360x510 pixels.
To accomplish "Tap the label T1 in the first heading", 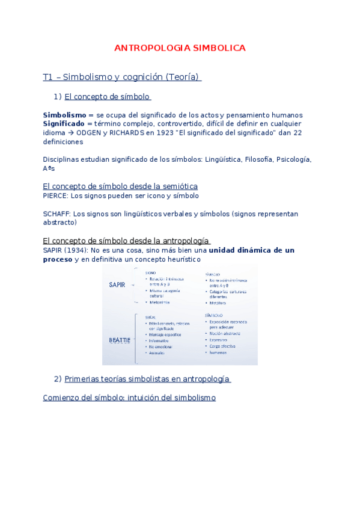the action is click(48, 78).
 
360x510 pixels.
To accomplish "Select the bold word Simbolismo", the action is click(64, 115).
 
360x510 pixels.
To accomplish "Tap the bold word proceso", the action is click(58, 259).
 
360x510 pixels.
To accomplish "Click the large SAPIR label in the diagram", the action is click(118, 284).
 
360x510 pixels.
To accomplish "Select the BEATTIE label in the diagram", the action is click(119, 340).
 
